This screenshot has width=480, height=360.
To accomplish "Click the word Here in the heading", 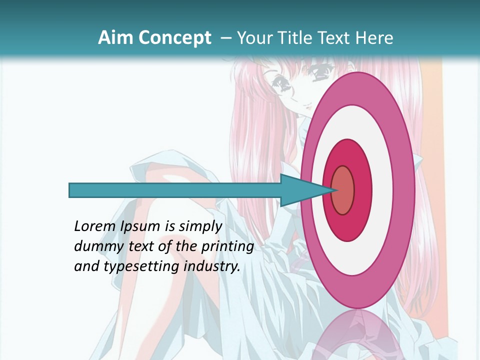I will pyautogui.click(x=373, y=38).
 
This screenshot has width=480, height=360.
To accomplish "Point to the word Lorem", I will pyautogui.click(x=95, y=226).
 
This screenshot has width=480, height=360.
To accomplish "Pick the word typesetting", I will pyautogui.click(x=141, y=266).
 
